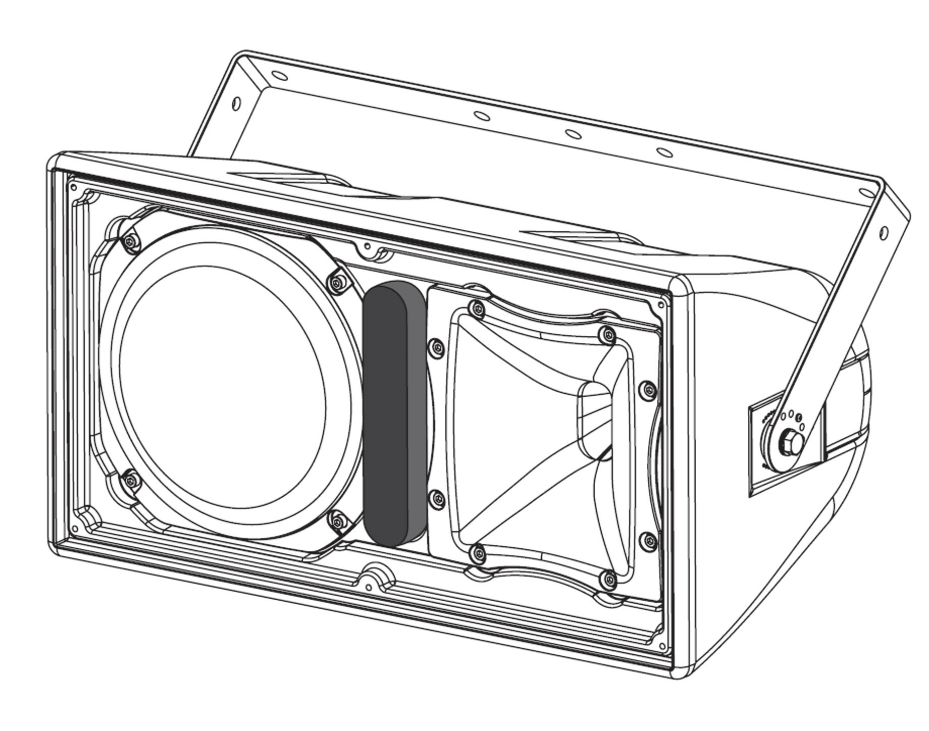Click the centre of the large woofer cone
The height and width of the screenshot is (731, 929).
[222, 386]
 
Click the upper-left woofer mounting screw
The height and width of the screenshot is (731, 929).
[132, 243]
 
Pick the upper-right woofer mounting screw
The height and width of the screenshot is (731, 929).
[337, 283]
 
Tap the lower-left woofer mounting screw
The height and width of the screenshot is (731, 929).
[131, 479]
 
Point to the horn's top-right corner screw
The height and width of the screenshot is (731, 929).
[609, 334]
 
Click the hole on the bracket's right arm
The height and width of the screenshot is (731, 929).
[884, 233]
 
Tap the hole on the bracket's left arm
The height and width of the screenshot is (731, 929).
[236, 103]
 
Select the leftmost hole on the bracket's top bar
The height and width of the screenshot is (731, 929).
[279, 76]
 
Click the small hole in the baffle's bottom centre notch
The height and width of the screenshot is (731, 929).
[368, 586]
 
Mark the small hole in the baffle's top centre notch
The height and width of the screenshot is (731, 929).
[368, 246]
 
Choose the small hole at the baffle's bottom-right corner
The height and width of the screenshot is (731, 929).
[662, 646]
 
